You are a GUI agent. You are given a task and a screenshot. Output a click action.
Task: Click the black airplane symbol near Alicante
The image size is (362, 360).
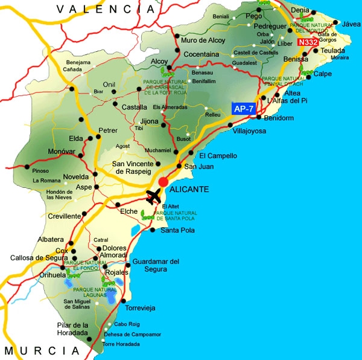154,196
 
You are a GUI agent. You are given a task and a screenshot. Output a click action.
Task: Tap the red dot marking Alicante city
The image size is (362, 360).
163,182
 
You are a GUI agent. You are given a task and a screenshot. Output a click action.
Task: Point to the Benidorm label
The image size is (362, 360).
279,118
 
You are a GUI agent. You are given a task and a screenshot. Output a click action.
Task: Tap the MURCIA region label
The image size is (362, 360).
42,351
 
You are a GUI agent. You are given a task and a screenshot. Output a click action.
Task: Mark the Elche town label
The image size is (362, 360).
129,211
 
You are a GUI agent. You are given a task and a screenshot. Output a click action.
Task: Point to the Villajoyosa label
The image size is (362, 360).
249,131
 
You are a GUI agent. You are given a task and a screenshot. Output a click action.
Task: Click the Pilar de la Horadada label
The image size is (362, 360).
73,330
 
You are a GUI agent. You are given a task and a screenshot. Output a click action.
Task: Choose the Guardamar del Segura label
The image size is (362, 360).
156,265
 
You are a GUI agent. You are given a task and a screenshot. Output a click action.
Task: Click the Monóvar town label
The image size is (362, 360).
62,150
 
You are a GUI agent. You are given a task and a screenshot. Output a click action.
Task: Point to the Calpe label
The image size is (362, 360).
323,74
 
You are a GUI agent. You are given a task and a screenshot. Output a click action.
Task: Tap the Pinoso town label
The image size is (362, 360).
40,171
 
